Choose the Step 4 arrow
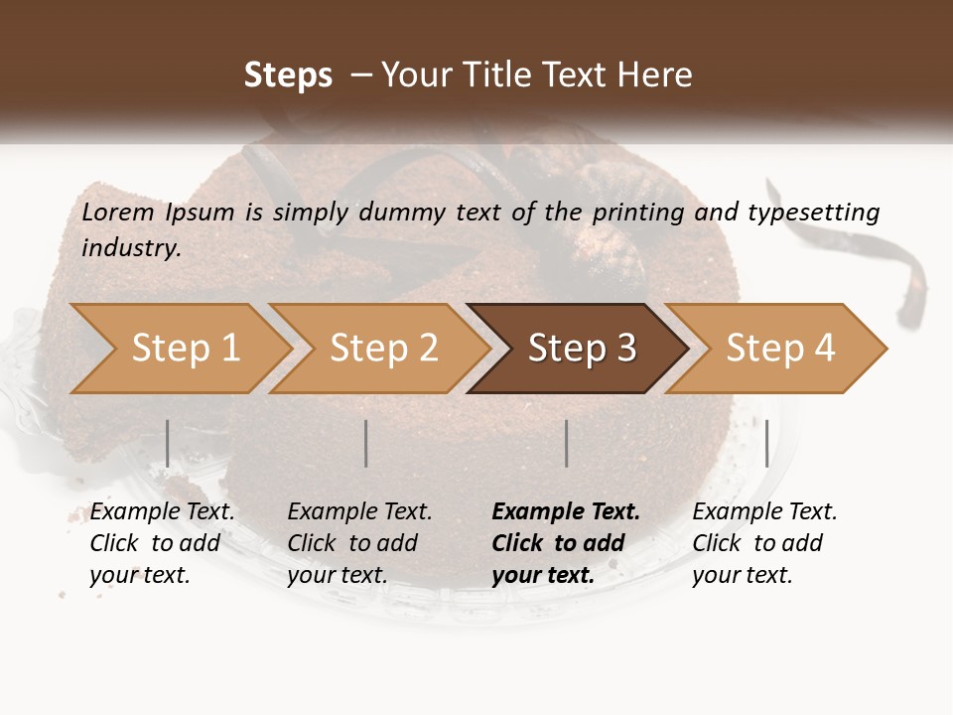(x=780, y=349)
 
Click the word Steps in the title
(x=288, y=75)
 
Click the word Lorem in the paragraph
(x=117, y=212)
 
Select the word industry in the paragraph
(x=130, y=247)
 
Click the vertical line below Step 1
(x=168, y=443)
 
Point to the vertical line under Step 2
(x=366, y=443)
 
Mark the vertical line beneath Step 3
(x=567, y=443)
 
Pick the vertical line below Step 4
(x=766, y=443)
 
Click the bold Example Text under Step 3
(x=566, y=512)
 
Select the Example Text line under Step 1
(x=163, y=512)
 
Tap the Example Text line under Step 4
(x=764, y=512)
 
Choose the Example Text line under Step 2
(x=359, y=512)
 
